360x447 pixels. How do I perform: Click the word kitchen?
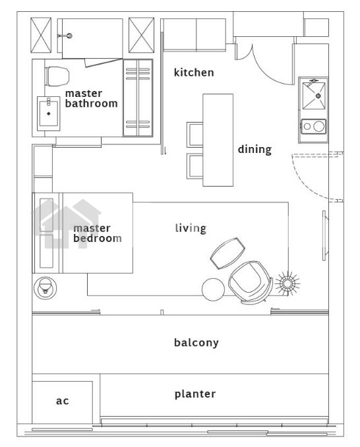point(194,73)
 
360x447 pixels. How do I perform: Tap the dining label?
point(255,149)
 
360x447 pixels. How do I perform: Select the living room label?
point(191,228)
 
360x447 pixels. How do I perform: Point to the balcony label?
point(196,342)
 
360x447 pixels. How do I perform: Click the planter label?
point(195,394)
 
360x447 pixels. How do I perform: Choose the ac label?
point(62,401)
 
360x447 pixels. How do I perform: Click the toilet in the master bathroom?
point(57,76)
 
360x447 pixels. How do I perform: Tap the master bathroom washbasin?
point(48,113)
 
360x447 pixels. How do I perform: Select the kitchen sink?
point(314,96)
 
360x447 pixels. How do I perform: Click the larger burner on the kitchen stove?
point(319,127)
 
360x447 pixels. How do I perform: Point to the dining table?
point(218,140)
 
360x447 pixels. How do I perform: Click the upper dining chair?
point(195,134)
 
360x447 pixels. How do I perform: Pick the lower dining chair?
point(195,166)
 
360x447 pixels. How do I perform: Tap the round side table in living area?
point(213,289)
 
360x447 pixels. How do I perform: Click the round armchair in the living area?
point(251,282)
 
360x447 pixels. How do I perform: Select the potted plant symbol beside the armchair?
point(287,283)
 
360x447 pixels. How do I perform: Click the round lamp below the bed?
point(45,288)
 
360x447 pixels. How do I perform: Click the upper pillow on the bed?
point(46,215)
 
